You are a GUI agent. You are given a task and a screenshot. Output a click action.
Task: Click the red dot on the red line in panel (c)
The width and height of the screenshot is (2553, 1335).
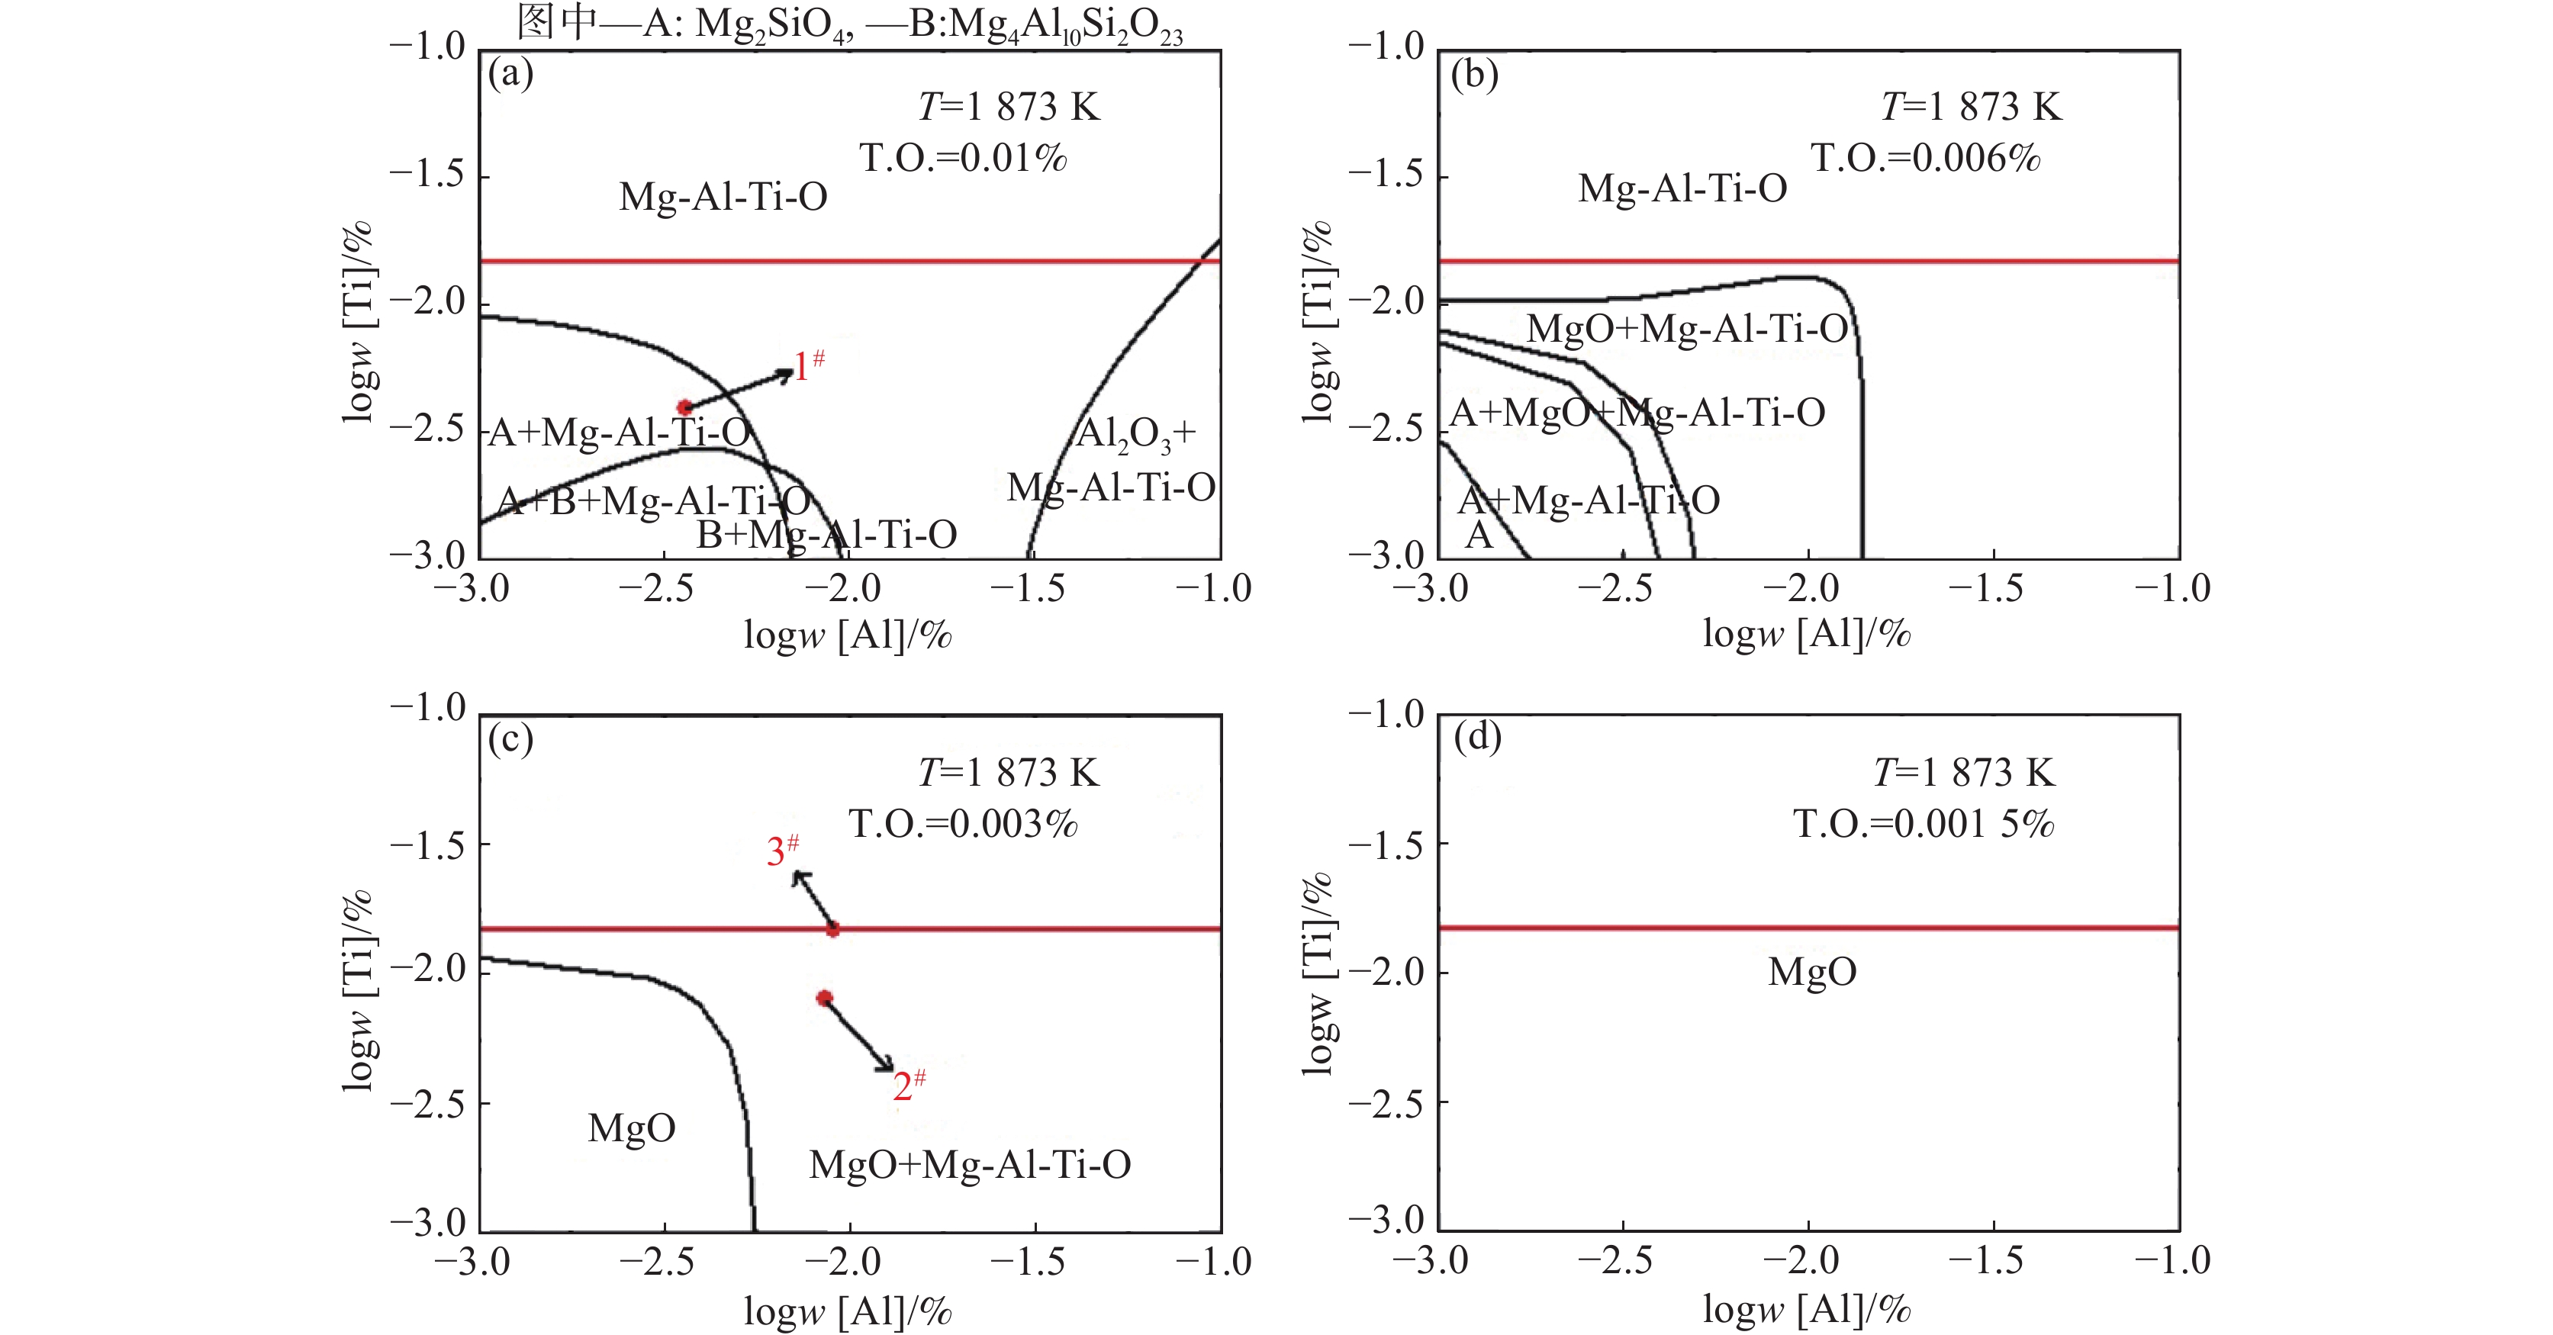[x=832, y=928]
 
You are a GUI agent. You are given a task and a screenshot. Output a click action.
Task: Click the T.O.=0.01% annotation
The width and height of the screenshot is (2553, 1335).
[x=962, y=158]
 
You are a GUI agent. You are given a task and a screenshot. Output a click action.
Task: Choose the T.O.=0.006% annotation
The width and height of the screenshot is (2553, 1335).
[x=1926, y=158]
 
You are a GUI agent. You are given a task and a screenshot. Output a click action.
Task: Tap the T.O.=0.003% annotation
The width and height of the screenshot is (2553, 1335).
[x=962, y=824]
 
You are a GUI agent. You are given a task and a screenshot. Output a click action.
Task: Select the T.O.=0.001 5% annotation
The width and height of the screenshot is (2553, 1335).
[x=1924, y=824]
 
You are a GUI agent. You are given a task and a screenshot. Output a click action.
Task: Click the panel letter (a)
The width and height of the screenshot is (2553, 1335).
[x=510, y=73]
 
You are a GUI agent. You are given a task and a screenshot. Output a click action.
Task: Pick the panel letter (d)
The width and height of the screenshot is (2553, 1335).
[x=1476, y=738]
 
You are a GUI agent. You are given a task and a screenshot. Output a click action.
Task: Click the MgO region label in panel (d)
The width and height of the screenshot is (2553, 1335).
[x=1811, y=972]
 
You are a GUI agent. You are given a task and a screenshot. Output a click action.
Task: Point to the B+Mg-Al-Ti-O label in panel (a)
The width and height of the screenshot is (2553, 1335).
[x=826, y=536]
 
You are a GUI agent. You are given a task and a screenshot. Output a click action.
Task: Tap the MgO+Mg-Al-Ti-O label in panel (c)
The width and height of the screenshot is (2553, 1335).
[x=969, y=1165]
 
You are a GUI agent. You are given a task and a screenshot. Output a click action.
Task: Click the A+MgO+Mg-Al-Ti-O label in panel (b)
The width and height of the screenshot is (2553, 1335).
[x=1637, y=412]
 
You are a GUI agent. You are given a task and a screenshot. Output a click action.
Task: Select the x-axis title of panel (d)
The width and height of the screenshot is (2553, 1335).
[x=1806, y=1311]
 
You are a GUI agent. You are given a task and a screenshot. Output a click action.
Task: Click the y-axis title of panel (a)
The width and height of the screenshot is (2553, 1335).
[x=357, y=322]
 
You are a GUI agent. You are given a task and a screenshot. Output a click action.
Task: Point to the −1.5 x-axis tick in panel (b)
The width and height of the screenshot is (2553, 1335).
[x=1993, y=589]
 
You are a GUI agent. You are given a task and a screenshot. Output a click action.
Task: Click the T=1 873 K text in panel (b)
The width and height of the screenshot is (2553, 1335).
[x=1970, y=107]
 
